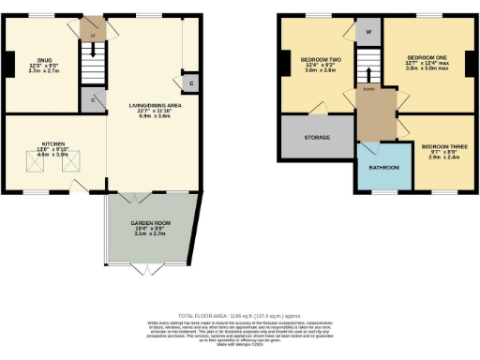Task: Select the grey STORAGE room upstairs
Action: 316,137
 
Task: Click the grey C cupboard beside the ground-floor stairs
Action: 94,97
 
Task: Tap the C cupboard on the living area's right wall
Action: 190,83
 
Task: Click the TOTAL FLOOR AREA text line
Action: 239,316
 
